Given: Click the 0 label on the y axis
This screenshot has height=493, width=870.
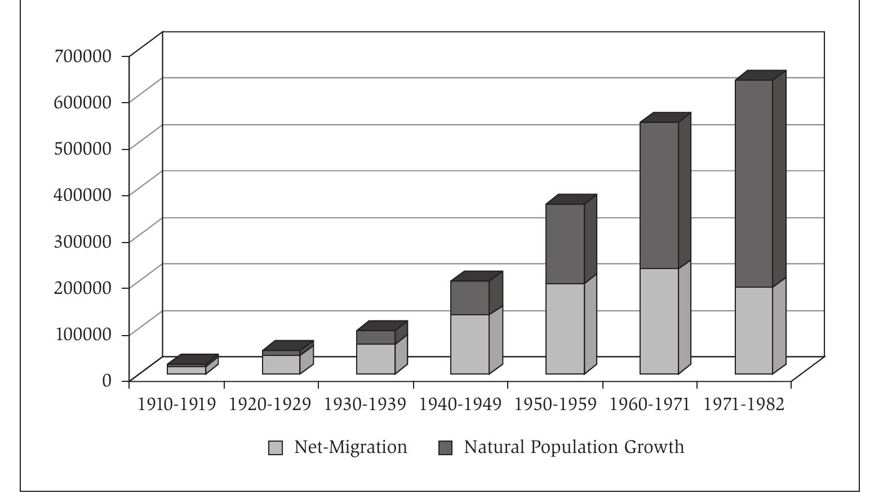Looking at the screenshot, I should [107, 380].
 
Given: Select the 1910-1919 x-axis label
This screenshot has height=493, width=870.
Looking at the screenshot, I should [177, 405].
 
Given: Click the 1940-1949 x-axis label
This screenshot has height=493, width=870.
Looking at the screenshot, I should [461, 405].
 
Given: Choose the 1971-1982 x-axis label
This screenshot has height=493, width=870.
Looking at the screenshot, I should [744, 405].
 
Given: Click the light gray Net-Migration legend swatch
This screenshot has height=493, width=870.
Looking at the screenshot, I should [276, 448].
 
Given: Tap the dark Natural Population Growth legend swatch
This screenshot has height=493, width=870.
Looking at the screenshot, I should [445, 448].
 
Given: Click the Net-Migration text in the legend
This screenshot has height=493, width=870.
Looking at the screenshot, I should [350, 447].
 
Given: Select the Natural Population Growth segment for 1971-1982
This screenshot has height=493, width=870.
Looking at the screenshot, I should [753, 183].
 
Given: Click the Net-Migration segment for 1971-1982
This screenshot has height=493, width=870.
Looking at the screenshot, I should [753, 330].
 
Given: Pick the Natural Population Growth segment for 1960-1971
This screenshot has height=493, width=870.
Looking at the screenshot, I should [659, 195].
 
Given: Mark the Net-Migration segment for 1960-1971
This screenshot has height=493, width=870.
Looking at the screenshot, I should [659, 321].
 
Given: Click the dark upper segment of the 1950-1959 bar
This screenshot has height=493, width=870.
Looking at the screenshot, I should [565, 244].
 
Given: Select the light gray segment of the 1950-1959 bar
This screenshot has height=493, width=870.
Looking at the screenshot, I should [565, 328].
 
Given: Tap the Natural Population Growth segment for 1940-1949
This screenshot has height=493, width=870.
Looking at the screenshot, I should [469, 297].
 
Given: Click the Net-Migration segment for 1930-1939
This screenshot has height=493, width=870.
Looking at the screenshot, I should [375, 359].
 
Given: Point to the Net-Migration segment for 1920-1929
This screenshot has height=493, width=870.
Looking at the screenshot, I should [281, 364].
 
